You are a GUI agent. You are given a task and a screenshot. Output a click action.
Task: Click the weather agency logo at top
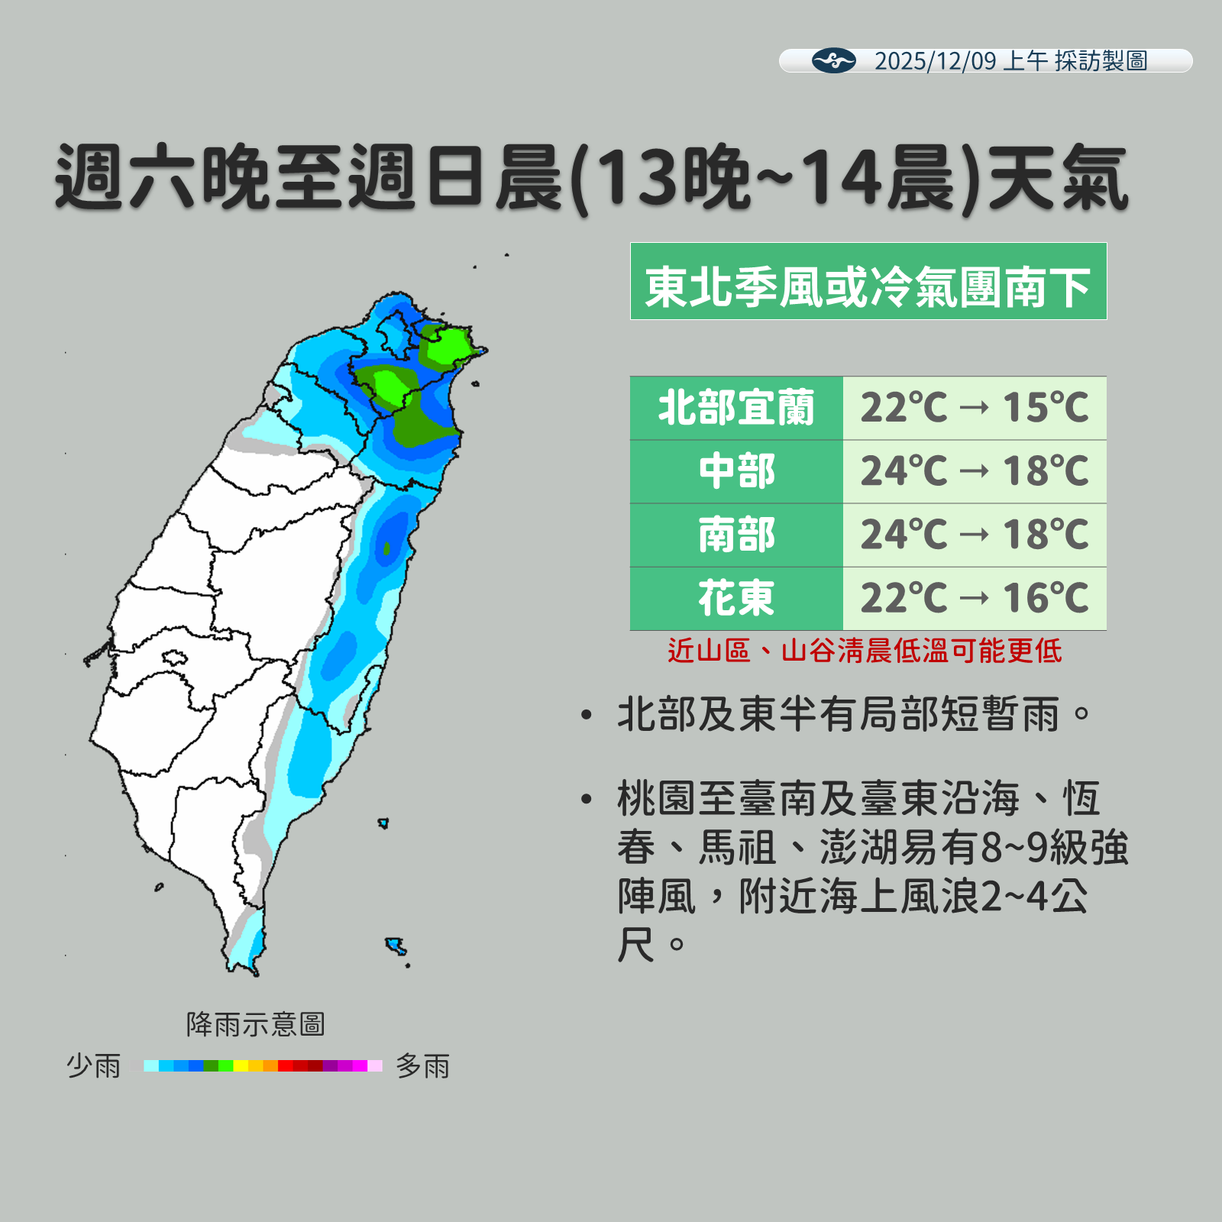[x=833, y=60]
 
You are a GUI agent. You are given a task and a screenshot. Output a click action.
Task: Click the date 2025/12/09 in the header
[x=935, y=61]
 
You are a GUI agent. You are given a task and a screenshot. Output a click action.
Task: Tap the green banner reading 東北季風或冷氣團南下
[x=868, y=281]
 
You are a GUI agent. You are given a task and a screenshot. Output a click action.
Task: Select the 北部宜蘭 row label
[x=735, y=408]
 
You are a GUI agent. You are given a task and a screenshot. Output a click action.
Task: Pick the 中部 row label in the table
[x=735, y=471]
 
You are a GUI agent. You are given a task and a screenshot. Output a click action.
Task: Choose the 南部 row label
[x=735, y=535]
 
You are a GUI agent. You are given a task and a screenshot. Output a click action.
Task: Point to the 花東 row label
[x=735, y=598]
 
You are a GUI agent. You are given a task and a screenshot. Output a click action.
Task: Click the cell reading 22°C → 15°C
[x=974, y=408]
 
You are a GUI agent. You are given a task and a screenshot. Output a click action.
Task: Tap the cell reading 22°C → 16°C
[x=974, y=598]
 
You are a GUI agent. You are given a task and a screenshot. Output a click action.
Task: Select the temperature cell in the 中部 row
[x=974, y=471]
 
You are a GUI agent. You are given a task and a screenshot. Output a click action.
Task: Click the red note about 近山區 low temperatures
[x=864, y=651]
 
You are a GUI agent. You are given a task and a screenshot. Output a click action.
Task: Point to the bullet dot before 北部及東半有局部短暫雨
[x=587, y=716]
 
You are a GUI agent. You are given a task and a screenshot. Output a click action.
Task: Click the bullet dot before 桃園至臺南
[x=587, y=800]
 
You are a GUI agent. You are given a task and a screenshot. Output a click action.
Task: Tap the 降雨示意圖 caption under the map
[x=255, y=1024]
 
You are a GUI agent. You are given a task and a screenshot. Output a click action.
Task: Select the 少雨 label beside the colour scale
[x=93, y=1065]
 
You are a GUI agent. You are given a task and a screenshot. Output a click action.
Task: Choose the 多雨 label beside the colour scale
[x=422, y=1065]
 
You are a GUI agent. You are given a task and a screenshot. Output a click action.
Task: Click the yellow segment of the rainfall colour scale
[x=241, y=1065]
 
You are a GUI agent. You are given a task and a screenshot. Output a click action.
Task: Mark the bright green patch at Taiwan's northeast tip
[x=448, y=345]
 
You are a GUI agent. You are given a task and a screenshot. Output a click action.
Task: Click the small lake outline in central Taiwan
[x=174, y=657]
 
